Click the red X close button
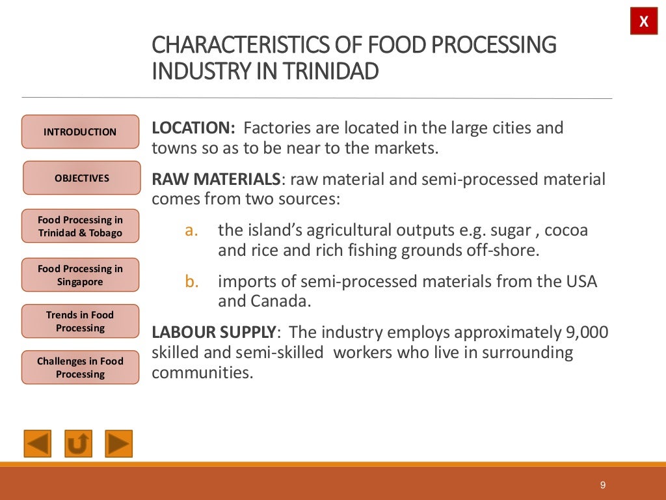click(x=644, y=21)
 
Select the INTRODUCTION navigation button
click(x=81, y=132)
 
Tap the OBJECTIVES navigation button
click(x=82, y=178)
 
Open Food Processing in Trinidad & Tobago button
click(x=80, y=227)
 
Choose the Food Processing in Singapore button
click(x=80, y=275)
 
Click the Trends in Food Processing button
click(x=80, y=322)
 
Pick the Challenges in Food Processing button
click(x=80, y=368)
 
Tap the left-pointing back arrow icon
click(x=38, y=444)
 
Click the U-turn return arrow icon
click(x=78, y=444)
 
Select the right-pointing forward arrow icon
click(x=118, y=444)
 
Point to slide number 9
click(x=603, y=485)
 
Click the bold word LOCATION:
click(x=193, y=128)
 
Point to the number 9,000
click(x=584, y=333)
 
